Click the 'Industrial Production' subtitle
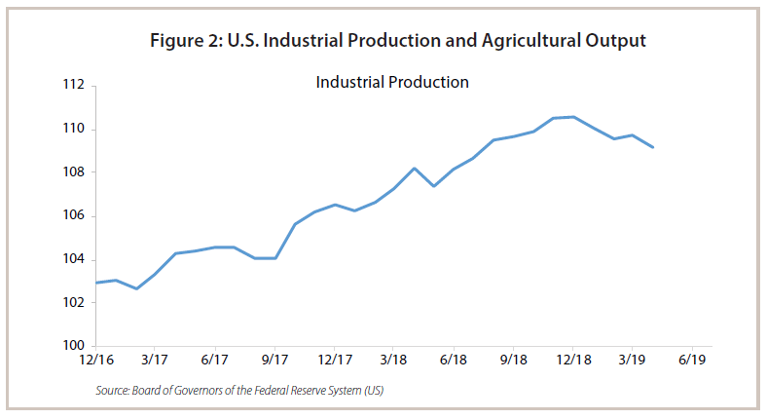pos(392,82)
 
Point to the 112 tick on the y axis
pos(72,86)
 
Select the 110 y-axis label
pos(72,130)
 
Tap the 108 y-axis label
pos(72,172)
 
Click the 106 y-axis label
pos(72,216)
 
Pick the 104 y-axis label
pos(72,259)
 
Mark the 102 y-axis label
pos(72,303)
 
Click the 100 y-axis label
pos(72,346)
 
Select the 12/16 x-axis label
pos(95,361)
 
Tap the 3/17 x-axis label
pos(156,361)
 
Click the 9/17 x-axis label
pos(274,361)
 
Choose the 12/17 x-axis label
pos(334,361)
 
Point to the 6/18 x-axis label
pos(454,361)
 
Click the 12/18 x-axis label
pos(572,361)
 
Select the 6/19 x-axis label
pos(692,361)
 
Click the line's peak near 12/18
pos(573,117)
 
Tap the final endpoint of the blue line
pos(653,148)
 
